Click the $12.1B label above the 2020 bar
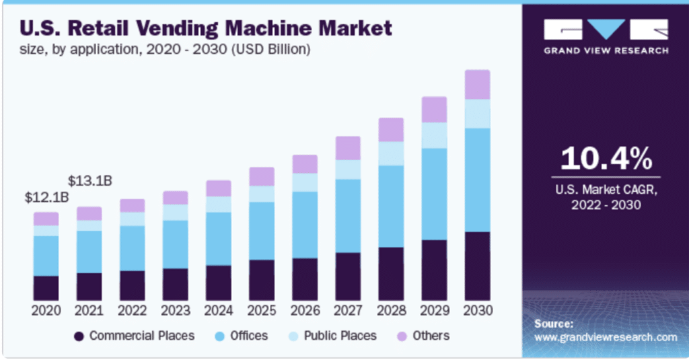pyautogui.click(x=47, y=197)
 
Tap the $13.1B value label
pyautogui.click(x=90, y=181)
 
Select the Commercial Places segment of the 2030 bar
pyautogui.click(x=477, y=266)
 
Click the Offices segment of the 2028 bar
pyautogui.click(x=391, y=206)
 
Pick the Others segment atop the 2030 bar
pyautogui.click(x=477, y=84)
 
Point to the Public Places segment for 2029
pyautogui.click(x=434, y=135)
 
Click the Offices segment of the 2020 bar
pyautogui.click(x=46, y=256)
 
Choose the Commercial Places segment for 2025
pyautogui.click(x=262, y=280)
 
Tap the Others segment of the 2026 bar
pyautogui.click(x=305, y=164)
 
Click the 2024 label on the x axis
pyautogui.click(x=219, y=311)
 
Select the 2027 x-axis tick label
pyautogui.click(x=348, y=311)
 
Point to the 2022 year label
pyautogui.click(x=133, y=311)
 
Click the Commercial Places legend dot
pyautogui.click(x=79, y=336)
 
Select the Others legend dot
pyautogui.click(x=402, y=336)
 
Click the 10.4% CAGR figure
pyautogui.click(x=606, y=159)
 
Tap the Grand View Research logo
pyautogui.click(x=606, y=37)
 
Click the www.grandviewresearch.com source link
pyautogui.click(x=606, y=337)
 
